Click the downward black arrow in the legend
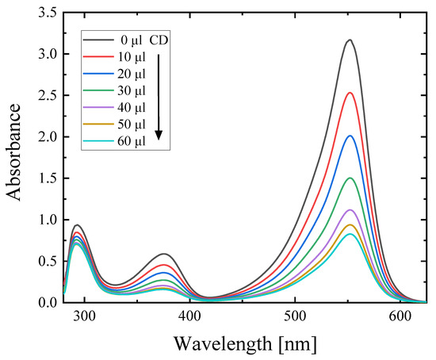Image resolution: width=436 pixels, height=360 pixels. (159, 95)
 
